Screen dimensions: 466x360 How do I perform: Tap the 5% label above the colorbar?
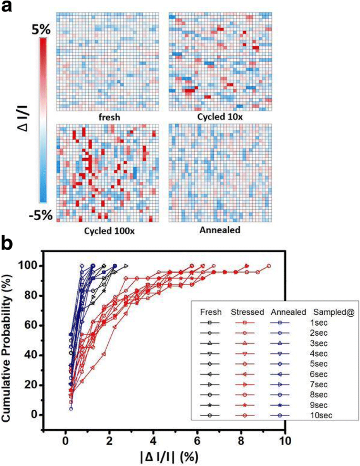click(40, 31)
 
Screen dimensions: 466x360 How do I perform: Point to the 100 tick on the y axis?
click(44, 266)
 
